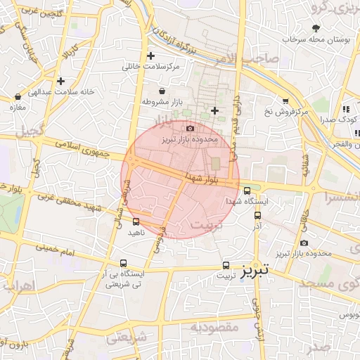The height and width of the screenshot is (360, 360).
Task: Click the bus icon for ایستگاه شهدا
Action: tap(247, 191)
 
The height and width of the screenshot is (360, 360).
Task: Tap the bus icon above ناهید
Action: tap(136, 221)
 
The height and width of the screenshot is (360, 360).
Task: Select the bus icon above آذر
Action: tap(257, 216)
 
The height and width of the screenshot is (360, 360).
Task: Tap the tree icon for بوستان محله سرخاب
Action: tap(316, 29)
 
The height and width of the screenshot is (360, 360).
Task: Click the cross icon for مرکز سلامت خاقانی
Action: tap(150, 56)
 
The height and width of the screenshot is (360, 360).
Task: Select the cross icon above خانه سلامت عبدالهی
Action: tap(60, 81)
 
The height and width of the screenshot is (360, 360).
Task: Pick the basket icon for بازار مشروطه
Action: tap(162, 91)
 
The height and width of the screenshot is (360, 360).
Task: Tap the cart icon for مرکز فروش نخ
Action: tap(285, 101)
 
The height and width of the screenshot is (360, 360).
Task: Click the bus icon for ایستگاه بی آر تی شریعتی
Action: tap(124, 264)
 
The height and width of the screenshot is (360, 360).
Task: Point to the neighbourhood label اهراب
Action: tap(18, 286)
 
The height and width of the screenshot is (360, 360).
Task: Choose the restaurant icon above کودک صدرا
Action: tap(345, 110)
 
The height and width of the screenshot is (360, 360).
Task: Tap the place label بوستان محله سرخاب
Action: tap(316, 40)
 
